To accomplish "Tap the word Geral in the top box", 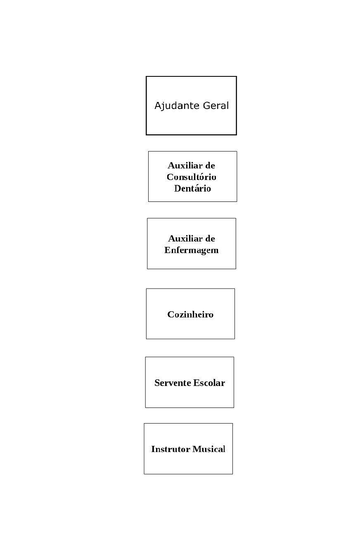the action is (x=216, y=106).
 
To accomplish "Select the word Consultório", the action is (x=192, y=177).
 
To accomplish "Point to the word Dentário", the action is (x=192, y=189).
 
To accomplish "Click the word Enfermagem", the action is (x=192, y=251).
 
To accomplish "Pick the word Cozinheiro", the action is (x=190, y=314).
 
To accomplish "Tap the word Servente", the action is (x=173, y=383).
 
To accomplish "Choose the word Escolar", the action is (x=209, y=383).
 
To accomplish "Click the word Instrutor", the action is (x=171, y=449).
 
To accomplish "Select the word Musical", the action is (x=209, y=449).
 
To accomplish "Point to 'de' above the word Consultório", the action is (x=210, y=165).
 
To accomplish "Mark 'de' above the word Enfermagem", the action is (x=210, y=239).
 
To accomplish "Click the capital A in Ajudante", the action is (x=159, y=106).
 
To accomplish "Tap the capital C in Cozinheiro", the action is (x=171, y=314).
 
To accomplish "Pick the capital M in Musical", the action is (x=197, y=449).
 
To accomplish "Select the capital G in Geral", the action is (x=207, y=106).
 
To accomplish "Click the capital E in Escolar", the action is (x=197, y=383).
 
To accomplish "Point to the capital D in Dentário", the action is (x=178, y=189).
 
